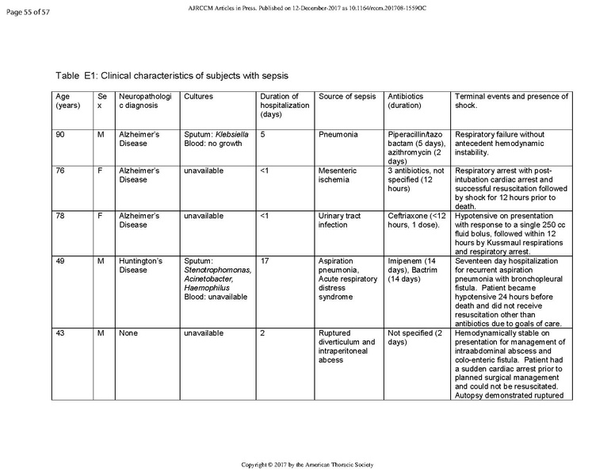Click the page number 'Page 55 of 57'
click(x=26, y=9)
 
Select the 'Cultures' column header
click(x=197, y=97)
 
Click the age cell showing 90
click(x=60, y=135)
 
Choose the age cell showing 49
click(x=60, y=259)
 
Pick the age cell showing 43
click(x=60, y=333)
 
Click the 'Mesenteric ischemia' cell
click(x=338, y=175)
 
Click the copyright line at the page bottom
click(x=307, y=463)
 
